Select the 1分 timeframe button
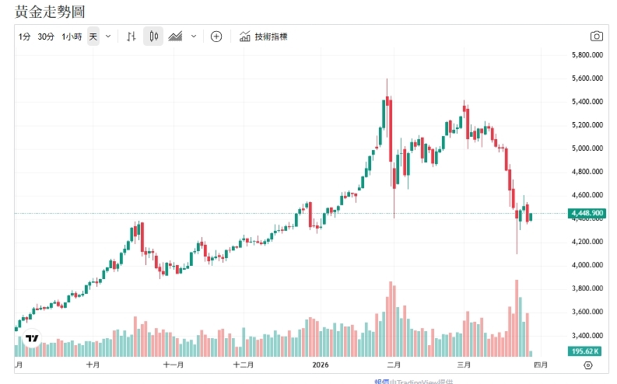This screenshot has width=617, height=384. coord(25,37)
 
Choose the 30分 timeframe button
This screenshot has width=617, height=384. coord(46,37)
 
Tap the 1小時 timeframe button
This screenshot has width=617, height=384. coord(72,37)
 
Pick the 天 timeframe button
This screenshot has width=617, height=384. coord(93,37)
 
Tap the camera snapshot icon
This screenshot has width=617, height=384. coord(596,37)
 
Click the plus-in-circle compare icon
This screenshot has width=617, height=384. coord(216,37)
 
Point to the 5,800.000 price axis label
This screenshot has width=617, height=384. coord(587,55)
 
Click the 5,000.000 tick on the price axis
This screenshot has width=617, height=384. coord(587,148)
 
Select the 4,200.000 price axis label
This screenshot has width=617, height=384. coord(587,242)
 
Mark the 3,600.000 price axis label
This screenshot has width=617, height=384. coord(587,312)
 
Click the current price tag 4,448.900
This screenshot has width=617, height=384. coord(587,213)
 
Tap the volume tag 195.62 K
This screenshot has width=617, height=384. coord(587,351)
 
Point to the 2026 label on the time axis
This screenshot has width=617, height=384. coord(320,365)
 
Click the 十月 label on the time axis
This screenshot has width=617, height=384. coord(93,365)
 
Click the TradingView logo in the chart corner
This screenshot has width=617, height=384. coord(33,339)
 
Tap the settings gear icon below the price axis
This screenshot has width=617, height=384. coord(587,365)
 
